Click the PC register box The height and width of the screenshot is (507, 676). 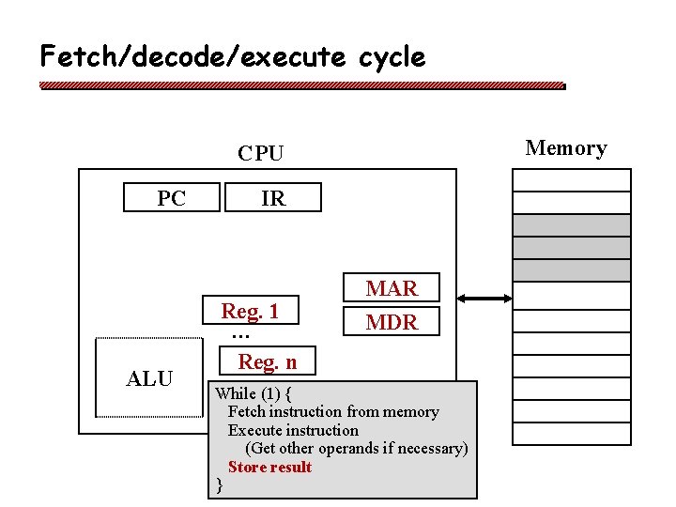coord(172,198)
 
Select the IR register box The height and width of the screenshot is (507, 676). coord(272,198)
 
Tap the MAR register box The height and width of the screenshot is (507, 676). coord(392,288)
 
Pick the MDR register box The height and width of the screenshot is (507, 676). coord(392,322)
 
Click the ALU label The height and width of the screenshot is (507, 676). coord(150,378)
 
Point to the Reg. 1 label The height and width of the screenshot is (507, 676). coord(250,311)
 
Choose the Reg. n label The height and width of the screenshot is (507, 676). coord(267,361)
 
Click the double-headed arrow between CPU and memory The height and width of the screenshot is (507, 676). coord(484,299)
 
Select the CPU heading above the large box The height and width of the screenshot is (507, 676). coord(260,153)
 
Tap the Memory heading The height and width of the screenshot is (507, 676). coord(565,147)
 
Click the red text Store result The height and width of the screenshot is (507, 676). coord(269,467)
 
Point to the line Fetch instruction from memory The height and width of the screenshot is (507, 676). coord(333,411)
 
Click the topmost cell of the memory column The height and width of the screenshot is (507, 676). coord(571,179)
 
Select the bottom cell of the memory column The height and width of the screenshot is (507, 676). coord(571,433)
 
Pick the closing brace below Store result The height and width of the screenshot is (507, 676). coord(219,484)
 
